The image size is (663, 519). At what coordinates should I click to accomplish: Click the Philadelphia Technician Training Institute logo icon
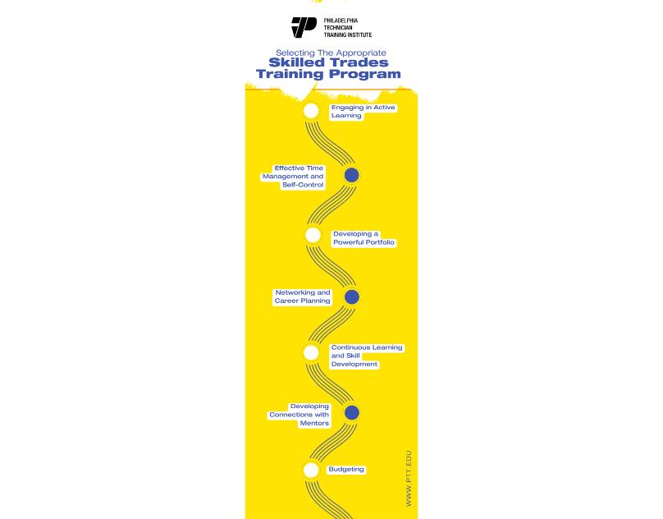click(304, 27)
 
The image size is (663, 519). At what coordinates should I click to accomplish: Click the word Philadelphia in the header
click(341, 20)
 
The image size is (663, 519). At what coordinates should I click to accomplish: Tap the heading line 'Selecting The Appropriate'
click(331, 53)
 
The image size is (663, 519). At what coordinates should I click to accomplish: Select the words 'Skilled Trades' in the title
click(328, 62)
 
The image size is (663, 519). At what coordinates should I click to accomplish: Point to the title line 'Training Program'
click(328, 74)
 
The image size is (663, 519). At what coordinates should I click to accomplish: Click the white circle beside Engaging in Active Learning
click(311, 111)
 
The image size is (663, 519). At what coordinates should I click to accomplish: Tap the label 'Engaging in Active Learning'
click(363, 112)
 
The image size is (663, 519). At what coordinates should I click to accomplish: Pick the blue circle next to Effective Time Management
click(351, 175)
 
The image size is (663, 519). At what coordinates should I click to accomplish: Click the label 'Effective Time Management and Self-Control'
click(295, 177)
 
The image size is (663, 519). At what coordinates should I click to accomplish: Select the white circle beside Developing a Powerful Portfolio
click(313, 236)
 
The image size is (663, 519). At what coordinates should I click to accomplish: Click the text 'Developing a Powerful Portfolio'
click(364, 238)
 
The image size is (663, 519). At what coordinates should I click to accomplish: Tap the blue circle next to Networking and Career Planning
click(351, 296)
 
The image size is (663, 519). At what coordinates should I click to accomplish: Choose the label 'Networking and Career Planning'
click(303, 296)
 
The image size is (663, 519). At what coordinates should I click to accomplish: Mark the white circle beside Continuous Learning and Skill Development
click(311, 353)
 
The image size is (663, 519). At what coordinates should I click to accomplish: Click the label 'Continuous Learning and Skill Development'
click(366, 356)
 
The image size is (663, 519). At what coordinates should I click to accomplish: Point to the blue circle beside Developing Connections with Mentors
click(351, 412)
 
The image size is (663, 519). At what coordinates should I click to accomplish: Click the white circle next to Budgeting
click(311, 470)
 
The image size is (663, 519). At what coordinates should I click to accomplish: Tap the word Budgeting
click(346, 470)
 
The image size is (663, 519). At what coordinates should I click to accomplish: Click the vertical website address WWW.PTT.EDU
click(409, 478)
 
